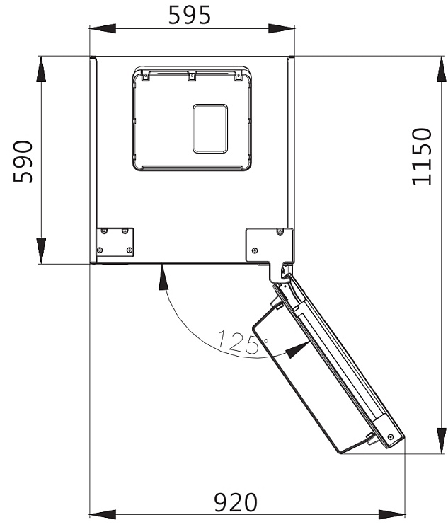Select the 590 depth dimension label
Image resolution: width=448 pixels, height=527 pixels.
pyautogui.click(x=25, y=161)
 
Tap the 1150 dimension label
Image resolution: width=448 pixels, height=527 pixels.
pyautogui.click(x=423, y=156)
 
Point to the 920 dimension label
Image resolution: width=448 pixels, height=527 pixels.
pyautogui.click(x=236, y=503)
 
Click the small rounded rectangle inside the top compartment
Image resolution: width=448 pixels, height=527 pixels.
pyautogui.click(x=210, y=128)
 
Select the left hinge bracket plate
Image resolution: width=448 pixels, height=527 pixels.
pyautogui.click(x=115, y=241)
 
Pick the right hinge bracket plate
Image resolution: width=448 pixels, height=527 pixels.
pyautogui.click(x=270, y=243)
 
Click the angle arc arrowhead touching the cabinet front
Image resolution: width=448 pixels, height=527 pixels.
pyautogui.click(x=163, y=277)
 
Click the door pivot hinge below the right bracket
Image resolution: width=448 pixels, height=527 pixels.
pyautogui.click(x=285, y=271)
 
